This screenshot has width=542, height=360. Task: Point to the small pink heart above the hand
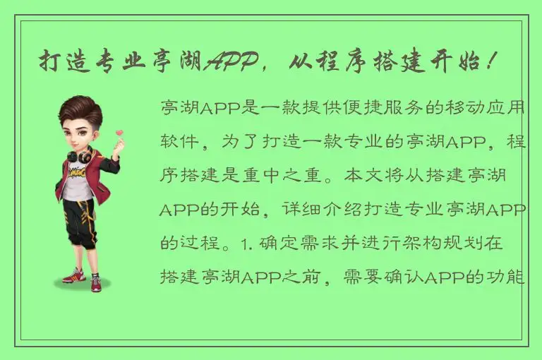[x=119, y=132]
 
